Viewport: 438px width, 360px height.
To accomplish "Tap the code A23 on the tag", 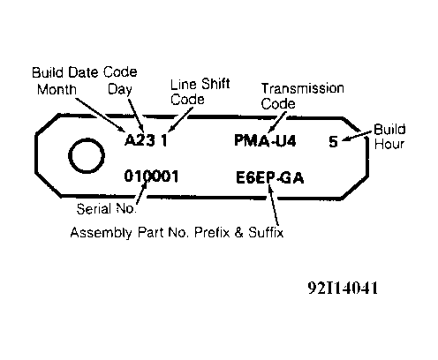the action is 140,140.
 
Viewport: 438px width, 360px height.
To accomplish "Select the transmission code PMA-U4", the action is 265,140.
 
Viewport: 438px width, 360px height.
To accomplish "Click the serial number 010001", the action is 151,176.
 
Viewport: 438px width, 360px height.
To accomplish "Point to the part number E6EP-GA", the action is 269,177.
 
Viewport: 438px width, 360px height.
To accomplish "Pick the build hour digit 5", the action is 333,141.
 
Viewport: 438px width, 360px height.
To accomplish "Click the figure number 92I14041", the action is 343,288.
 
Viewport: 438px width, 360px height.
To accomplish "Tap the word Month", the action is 57,89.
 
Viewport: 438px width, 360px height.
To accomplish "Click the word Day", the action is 119,89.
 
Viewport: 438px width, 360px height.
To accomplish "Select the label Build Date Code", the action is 85,72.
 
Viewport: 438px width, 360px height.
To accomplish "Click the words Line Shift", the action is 200,84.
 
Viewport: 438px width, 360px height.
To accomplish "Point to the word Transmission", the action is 303,88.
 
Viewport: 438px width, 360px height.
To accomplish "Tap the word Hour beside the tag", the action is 389,144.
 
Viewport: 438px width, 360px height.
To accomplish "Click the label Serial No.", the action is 106,209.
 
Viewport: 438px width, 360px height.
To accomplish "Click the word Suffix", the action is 266,232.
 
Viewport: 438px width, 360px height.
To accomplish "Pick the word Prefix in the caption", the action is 212,232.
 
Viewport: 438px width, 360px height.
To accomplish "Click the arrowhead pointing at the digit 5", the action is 345,139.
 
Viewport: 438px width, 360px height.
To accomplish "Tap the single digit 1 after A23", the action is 164,140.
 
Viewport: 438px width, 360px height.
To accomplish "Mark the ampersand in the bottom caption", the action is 239,233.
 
